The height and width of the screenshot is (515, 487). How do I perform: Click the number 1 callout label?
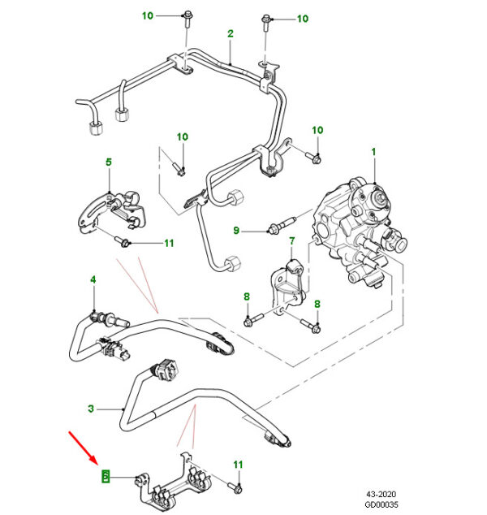[374, 152]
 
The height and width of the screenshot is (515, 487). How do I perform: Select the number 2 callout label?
[230, 33]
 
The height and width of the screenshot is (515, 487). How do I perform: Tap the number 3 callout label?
[91, 409]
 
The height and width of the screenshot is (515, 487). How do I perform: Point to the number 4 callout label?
[93, 279]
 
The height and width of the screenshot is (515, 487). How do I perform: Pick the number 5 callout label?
[109, 162]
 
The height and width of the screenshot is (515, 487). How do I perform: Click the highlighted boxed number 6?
[103, 475]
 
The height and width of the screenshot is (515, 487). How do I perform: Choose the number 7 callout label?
[291, 241]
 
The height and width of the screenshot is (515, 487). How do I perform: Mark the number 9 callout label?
[237, 231]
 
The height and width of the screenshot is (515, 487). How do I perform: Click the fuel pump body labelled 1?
[357, 227]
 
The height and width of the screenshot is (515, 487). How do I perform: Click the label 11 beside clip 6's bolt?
[238, 464]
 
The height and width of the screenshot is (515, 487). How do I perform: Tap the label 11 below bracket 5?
[168, 242]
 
